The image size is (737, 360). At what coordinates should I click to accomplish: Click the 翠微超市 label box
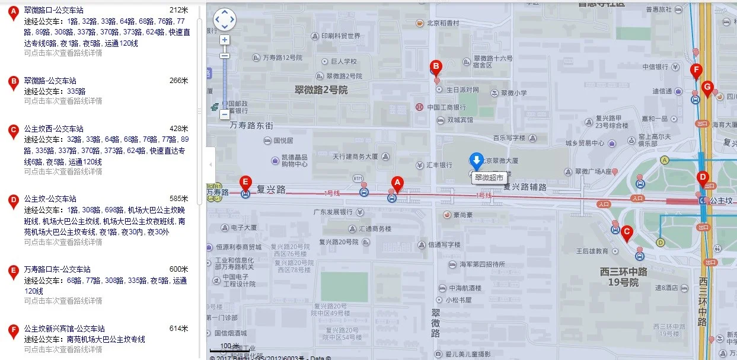[490, 177]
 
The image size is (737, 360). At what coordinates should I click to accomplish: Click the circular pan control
[225, 20]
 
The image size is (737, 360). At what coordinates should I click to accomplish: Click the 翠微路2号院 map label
[321, 91]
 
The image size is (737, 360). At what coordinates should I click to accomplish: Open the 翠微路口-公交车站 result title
[53, 10]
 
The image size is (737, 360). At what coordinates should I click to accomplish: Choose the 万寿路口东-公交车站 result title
[57, 269]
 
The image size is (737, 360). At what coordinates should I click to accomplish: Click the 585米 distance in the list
[178, 199]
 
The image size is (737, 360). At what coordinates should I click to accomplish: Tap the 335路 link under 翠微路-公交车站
[76, 91]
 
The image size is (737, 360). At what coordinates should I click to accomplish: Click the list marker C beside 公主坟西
[13, 132]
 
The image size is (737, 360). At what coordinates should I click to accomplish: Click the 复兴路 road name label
[271, 190]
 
